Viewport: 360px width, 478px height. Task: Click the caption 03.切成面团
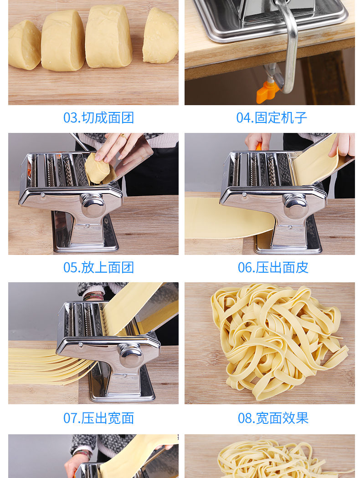(98, 117)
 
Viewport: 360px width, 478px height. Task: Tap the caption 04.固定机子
(272, 117)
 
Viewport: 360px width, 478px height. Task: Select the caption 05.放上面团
(98, 267)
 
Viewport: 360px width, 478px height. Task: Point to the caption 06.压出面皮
(273, 267)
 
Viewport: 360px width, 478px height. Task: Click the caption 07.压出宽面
(98, 418)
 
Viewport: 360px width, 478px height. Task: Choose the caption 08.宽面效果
(273, 418)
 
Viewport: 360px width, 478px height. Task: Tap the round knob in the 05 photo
(93, 205)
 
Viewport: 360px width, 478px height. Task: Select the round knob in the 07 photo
(131, 355)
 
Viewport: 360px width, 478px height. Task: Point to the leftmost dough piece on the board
(24, 45)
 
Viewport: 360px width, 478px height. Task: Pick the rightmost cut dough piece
(160, 36)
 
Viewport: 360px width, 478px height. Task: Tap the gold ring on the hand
(123, 136)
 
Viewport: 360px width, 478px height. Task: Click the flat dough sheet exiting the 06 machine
(229, 219)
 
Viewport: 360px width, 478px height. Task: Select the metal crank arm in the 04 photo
(288, 46)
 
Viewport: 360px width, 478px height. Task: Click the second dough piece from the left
(63, 41)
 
